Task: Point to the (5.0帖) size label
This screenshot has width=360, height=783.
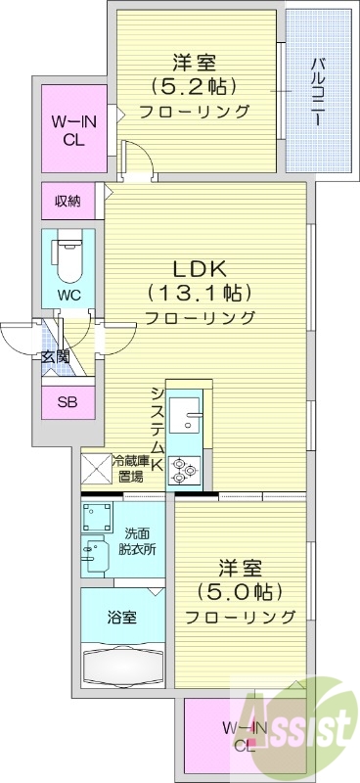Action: [x=240, y=591]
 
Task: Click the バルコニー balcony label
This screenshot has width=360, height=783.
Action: [x=318, y=94]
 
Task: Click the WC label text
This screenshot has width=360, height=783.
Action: [x=68, y=294]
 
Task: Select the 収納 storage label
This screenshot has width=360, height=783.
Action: [x=67, y=202]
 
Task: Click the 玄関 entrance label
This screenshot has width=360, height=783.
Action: [x=55, y=357]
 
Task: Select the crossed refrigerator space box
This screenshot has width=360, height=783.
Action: [x=95, y=469]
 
